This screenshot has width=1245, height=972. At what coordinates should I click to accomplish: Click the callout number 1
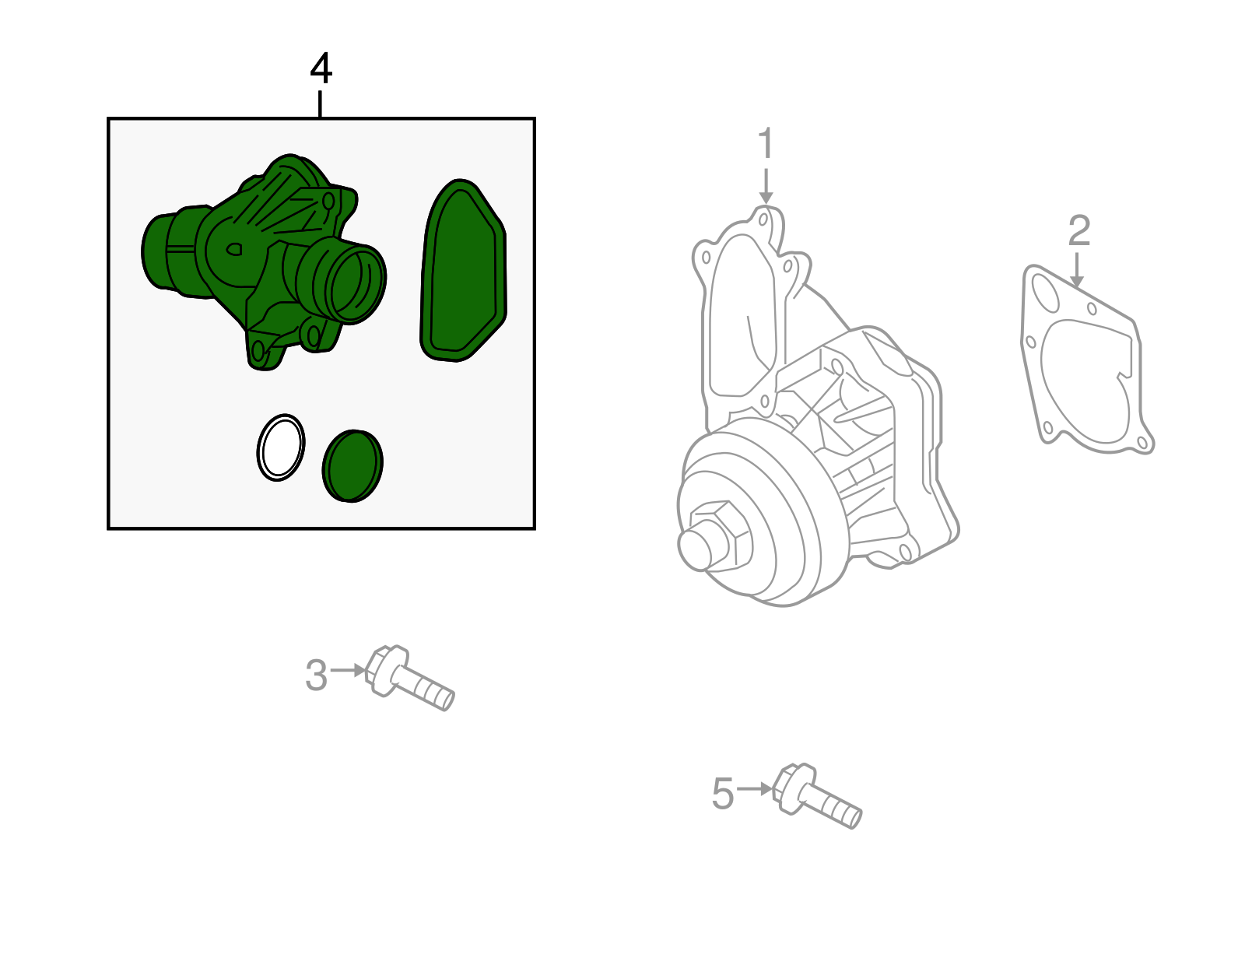[x=766, y=144]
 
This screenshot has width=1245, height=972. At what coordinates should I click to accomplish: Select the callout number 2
[x=1078, y=231]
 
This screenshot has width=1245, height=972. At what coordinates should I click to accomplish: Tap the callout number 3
[x=316, y=675]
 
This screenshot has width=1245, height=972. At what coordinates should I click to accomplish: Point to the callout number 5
[x=723, y=794]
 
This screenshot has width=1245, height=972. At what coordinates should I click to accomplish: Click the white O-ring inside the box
[x=280, y=447]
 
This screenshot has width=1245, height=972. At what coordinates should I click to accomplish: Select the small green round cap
[x=352, y=465]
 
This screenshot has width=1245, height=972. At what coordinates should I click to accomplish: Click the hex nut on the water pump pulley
[x=719, y=533]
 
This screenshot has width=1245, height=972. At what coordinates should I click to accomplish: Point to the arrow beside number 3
[x=348, y=670]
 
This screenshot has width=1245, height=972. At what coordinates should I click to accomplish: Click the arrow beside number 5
[x=755, y=788]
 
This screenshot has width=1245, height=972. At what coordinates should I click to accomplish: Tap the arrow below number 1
[x=766, y=187]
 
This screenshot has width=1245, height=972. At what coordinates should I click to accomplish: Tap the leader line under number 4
[x=320, y=104]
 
